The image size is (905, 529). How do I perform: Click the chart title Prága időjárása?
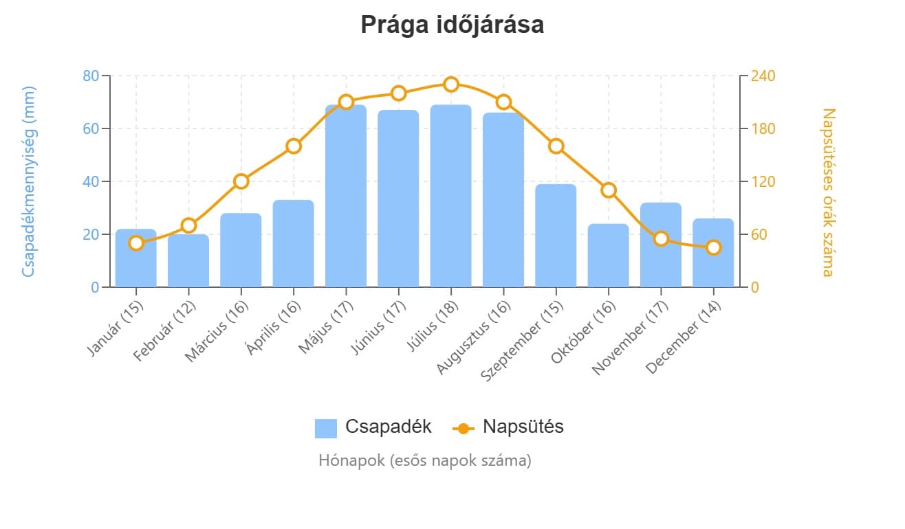452,25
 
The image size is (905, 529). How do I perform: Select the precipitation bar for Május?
346,196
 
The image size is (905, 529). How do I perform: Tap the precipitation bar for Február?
188,261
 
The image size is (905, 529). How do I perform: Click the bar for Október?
608,256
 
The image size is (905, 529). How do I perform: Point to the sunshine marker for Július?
451,85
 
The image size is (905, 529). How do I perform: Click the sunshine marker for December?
713,247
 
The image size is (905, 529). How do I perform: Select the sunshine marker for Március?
241,181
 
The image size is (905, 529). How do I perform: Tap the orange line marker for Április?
294,146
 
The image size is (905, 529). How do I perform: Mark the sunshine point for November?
661,238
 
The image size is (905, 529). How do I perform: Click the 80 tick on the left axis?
91,76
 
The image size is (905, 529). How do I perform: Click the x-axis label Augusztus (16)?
475,337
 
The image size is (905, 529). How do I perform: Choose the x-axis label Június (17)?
377,332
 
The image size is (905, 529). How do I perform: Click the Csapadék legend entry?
373,427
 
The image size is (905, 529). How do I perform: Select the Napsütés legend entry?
508,427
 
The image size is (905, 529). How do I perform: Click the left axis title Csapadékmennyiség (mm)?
28,181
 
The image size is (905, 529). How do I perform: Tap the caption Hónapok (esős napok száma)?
424,460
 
